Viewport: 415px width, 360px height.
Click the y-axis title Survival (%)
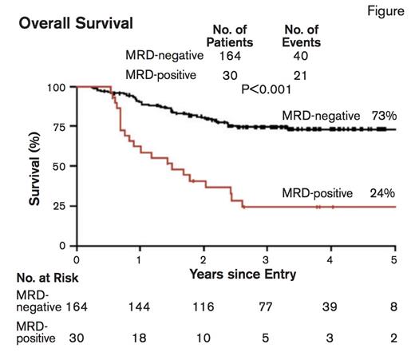pos(36,169)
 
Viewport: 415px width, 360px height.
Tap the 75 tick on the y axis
pos(60,127)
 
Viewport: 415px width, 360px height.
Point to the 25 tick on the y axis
pos(60,206)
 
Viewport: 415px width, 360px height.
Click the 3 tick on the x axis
pos(267,259)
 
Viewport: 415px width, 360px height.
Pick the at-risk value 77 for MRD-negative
pos(267,307)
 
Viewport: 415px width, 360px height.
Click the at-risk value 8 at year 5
pos(393,307)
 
